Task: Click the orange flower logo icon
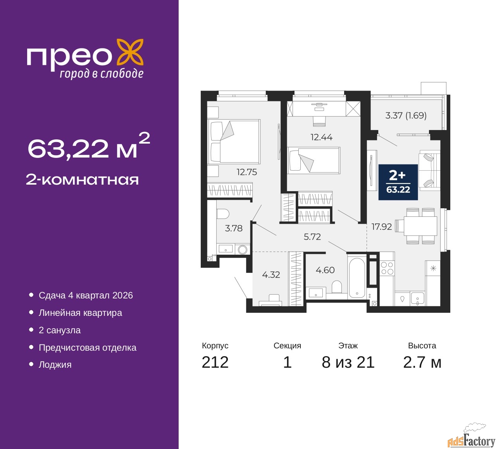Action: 130,52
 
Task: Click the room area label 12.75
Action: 247,172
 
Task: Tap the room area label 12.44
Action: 321,137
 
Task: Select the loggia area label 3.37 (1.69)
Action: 406,115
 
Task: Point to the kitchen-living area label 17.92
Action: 381,227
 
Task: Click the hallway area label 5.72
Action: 312,237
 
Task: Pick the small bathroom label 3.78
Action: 234,228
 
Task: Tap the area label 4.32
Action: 271,275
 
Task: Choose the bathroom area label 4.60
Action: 325,270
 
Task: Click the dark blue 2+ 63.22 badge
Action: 398,182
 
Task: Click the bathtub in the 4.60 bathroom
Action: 356,278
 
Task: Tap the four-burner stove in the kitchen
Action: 387,268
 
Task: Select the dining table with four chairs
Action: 420,226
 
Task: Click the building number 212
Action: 215,362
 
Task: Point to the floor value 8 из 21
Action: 348,362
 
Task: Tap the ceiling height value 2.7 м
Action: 422,362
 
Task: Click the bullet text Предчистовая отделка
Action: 88,348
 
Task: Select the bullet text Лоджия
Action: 55,365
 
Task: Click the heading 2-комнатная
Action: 82,180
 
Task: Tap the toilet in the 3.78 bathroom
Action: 223,214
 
